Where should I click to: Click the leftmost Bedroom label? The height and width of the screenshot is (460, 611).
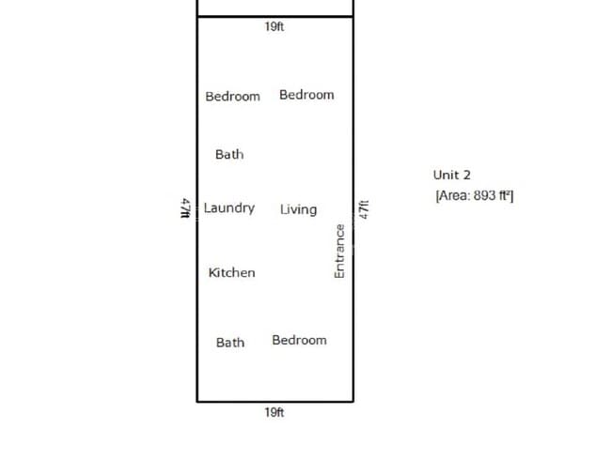click(232, 96)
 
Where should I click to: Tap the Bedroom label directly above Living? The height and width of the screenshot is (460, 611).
click(306, 95)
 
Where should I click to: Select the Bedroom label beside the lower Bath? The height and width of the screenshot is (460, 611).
click(299, 340)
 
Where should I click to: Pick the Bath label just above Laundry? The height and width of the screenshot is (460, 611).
click(229, 155)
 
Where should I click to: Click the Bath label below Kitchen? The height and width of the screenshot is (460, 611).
click(230, 343)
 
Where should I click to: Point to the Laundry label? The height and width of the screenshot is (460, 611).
click(229, 208)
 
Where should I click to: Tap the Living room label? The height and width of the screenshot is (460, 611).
click(299, 209)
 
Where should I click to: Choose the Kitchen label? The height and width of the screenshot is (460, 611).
click(232, 272)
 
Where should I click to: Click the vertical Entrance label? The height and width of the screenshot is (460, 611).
click(339, 251)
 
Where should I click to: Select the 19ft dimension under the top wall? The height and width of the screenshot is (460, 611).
click(274, 26)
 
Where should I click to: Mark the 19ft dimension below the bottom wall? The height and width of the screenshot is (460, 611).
click(274, 412)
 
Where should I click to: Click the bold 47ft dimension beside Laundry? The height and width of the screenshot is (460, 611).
click(186, 208)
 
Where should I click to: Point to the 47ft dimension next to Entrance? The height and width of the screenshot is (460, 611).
click(364, 209)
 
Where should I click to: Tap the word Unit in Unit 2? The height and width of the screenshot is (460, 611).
click(446, 175)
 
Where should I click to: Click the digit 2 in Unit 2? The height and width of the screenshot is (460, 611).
click(466, 175)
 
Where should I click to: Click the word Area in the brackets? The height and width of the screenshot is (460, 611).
click(453, 195)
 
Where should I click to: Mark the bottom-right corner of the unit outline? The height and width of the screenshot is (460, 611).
click(353, 401)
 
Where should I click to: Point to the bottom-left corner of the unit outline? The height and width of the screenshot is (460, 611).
click(197, 401)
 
